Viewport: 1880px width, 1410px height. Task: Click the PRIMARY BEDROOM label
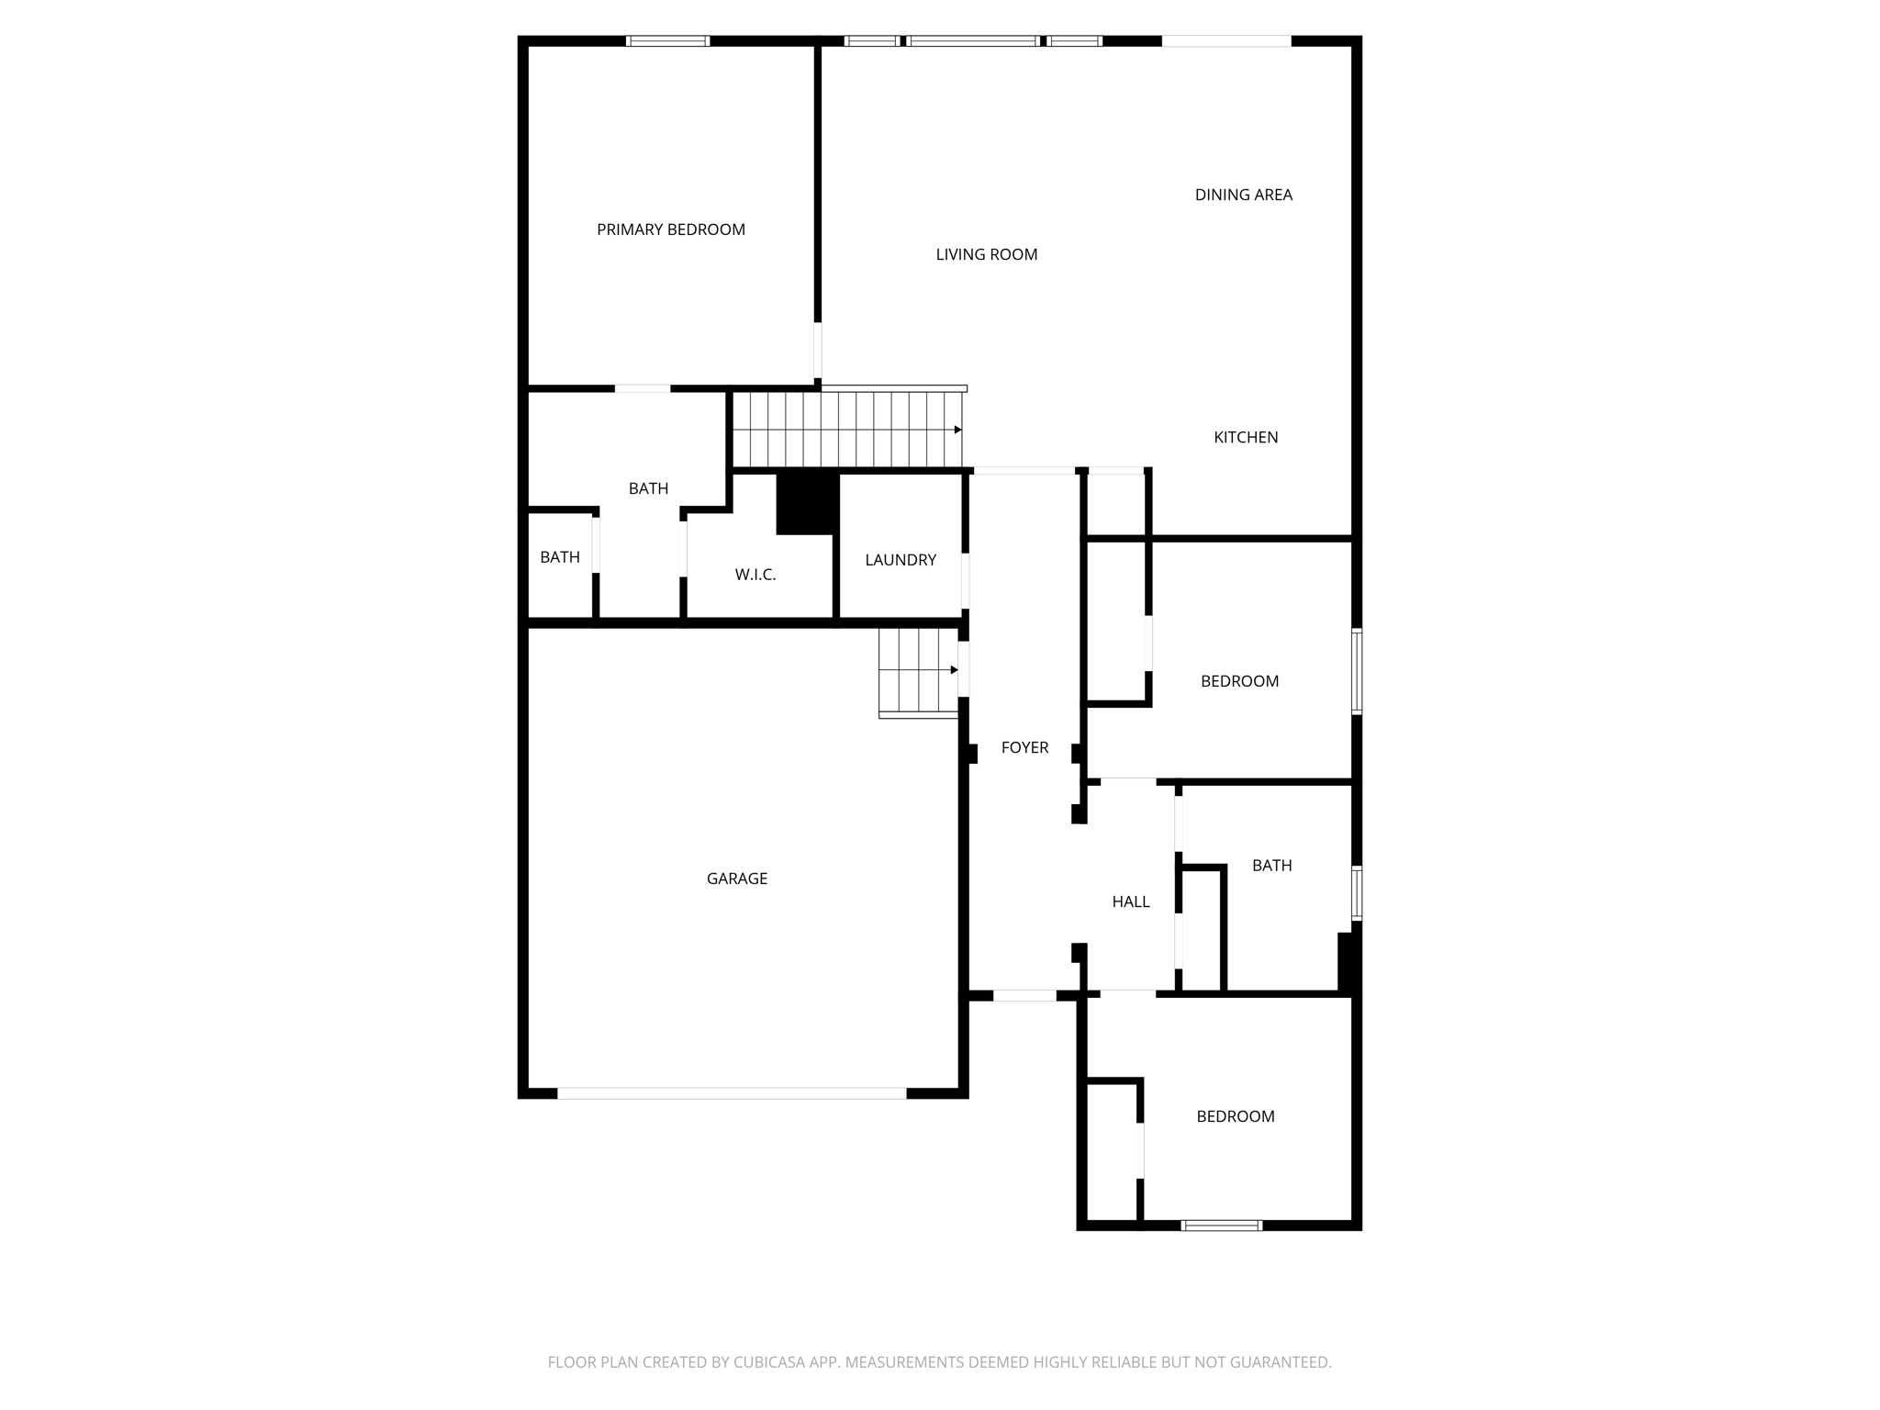[x=670, y=229]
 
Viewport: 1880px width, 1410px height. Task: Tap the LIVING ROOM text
[x=986, y=254]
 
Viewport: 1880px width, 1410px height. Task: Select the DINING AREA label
[x=1243, y=195]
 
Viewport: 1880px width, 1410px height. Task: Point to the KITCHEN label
[x=1245, y=437]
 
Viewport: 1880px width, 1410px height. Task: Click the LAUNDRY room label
[x=900, y=560]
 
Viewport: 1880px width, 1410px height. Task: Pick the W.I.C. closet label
[x=755, y=575]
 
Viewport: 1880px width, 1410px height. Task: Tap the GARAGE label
[x=736, y=878]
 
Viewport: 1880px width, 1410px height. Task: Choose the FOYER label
[x=1024, y=747]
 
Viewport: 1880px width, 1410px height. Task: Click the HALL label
[x=1130, y=901]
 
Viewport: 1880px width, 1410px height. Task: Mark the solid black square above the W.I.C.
[x=807, y=502]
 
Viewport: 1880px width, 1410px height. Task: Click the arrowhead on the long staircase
[x=957, y=430]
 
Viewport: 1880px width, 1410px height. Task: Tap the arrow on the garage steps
[x=954, y=670]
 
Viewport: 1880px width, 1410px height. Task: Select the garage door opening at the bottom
[x=732, y=1093]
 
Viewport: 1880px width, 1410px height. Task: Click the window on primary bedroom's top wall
[x=667, y=40]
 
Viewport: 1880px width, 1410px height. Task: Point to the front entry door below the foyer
[x=1024, y=995]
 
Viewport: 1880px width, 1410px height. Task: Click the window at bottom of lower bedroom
[x=1221, y=1225]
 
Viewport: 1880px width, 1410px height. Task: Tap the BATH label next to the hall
[x=1271, y=866]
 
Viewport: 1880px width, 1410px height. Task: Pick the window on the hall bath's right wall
[x=1356, y=892]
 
